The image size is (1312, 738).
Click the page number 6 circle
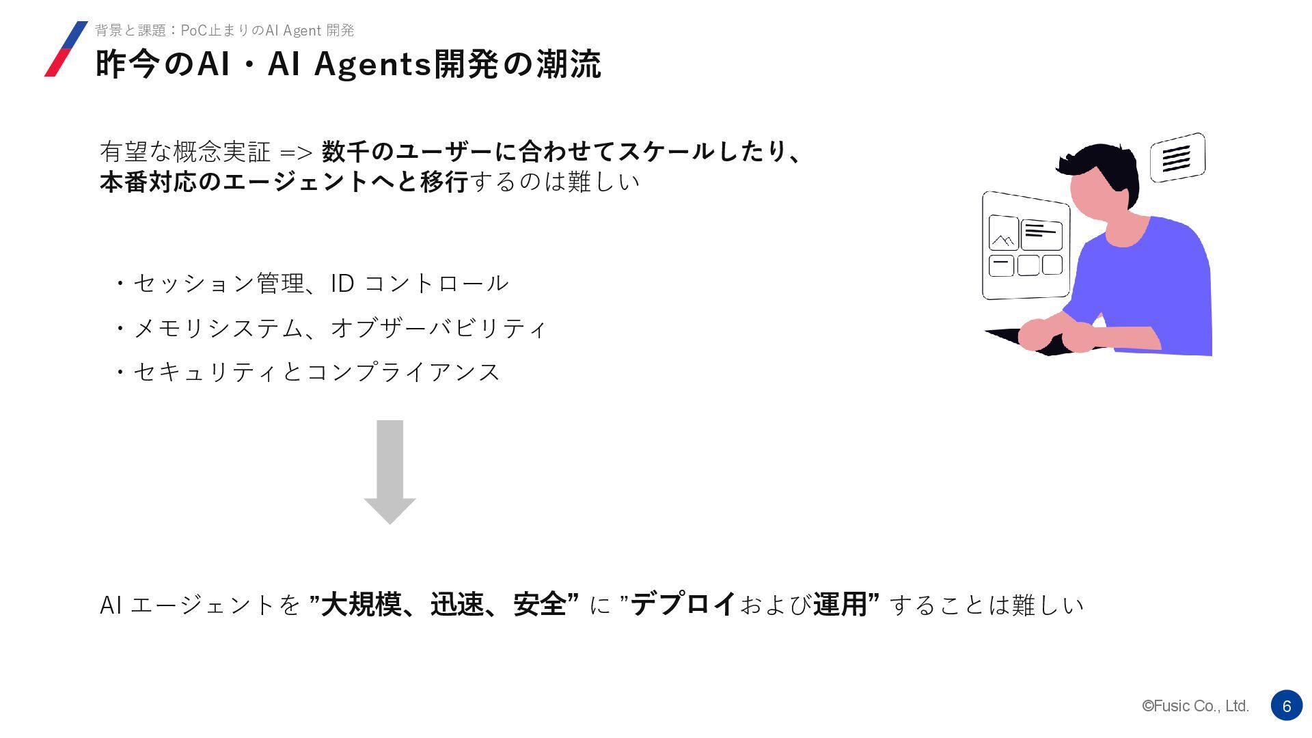click(1286, 706)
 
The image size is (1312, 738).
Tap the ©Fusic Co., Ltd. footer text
click(1195, 707)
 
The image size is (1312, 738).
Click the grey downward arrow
click(389, 471)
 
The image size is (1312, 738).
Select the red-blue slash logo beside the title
click(66, 49)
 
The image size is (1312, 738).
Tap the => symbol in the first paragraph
click(296, 152)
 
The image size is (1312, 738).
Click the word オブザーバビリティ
click(438, 328)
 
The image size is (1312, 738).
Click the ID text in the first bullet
click(342, 283)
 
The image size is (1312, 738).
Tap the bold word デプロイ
click(683, 604)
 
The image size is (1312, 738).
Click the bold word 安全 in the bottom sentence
click(540, 604)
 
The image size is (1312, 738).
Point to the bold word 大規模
click(361, 604)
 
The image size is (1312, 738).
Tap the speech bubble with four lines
click(1177, 158)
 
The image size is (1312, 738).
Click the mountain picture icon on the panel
click(1003, 234)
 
